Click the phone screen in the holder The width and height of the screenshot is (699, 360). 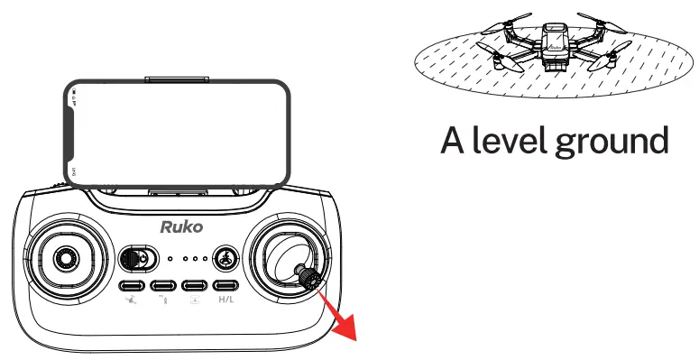[178, 133]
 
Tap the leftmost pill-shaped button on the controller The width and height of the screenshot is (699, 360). [133, 287]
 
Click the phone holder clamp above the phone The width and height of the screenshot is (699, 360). [179, 81]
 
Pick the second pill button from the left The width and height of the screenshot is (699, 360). [164, 287]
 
